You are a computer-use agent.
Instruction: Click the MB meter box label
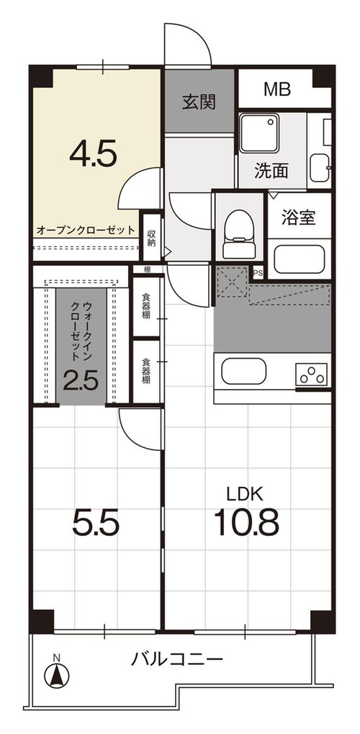tap(277, 89)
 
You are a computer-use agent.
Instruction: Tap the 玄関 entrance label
tap(199, 102)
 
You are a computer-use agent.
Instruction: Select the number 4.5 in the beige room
tap(93, 155)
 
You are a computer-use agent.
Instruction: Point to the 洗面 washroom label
tap(271, 171)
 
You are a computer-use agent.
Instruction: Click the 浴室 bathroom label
tap(298, 218)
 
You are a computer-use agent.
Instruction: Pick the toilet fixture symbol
tap(239, 233)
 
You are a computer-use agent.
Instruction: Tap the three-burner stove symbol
tap(311, 374)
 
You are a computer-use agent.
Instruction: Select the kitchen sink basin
tap(244, 371)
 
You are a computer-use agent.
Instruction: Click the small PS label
tap(258, 272)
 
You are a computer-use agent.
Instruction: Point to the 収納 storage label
tap(151, 238)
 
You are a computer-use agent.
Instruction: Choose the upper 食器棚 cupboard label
tap(146, 307)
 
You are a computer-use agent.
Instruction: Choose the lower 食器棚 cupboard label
tap(146, 371)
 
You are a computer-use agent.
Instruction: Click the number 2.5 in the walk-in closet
tap(81, 381)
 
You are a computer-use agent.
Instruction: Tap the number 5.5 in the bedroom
tap(96, 524)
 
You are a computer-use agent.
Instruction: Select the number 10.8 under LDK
tap(246, 522)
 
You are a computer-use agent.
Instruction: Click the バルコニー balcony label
tap(176, 661)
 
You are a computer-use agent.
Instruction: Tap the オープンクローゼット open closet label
tap(86, 231)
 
